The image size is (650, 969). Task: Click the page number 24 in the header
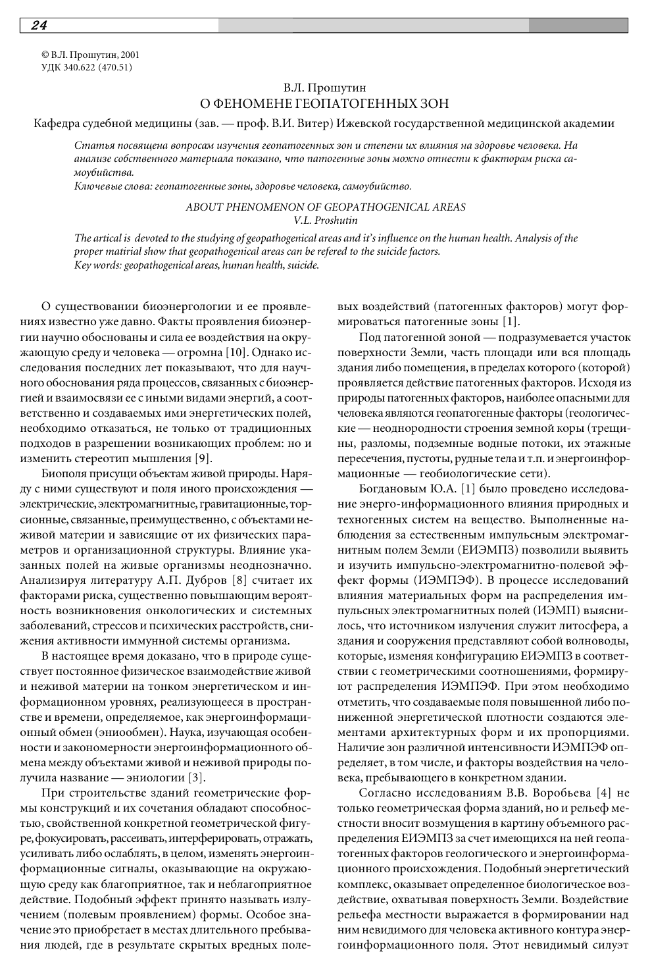[x=38, y=26]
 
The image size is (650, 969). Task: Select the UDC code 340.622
[x=80, y=67]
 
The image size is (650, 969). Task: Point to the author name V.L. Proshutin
[x=326, y=220]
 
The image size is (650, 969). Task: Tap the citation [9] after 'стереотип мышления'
[x=203, y=458]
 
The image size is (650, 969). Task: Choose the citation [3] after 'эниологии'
[x=197, y=777]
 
